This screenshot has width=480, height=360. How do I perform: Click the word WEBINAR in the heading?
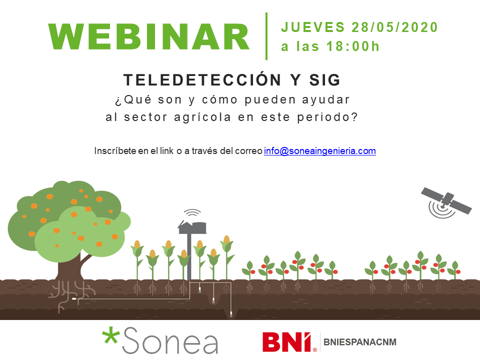pyautogui.click(x=149, y=36)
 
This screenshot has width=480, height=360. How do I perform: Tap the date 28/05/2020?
pyautogui.click(x=394, y=27)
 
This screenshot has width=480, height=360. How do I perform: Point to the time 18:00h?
pyautogui.click(x=353, y=46)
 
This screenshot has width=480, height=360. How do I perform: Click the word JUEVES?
pyautogui.click(x=313, y=27)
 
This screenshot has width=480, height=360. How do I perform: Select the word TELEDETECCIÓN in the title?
pyautogui.click(x=202, y=79)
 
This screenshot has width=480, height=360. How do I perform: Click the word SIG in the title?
pyautogui.click(x=324, y=80)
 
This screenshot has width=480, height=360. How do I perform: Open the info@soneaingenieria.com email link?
pyautogui.click(x=320, y=151)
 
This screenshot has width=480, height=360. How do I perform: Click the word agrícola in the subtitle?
pyautogui.click(x=202, y=117)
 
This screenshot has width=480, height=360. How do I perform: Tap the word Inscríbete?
pyautogui.click(x=115, y=151)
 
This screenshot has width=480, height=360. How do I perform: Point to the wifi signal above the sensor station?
pyautogui.click(x=192, y=213)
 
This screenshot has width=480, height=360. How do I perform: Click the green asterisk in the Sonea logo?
pyautogui.click(x=110, y=336)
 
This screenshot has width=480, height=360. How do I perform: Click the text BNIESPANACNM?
pyautogui.click(x=360, y=342)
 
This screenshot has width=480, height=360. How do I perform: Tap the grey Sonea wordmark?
pyautogui.click(x=170, y=340)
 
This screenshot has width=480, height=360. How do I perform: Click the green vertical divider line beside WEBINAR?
pyautogui.click(x=266, y=36)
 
